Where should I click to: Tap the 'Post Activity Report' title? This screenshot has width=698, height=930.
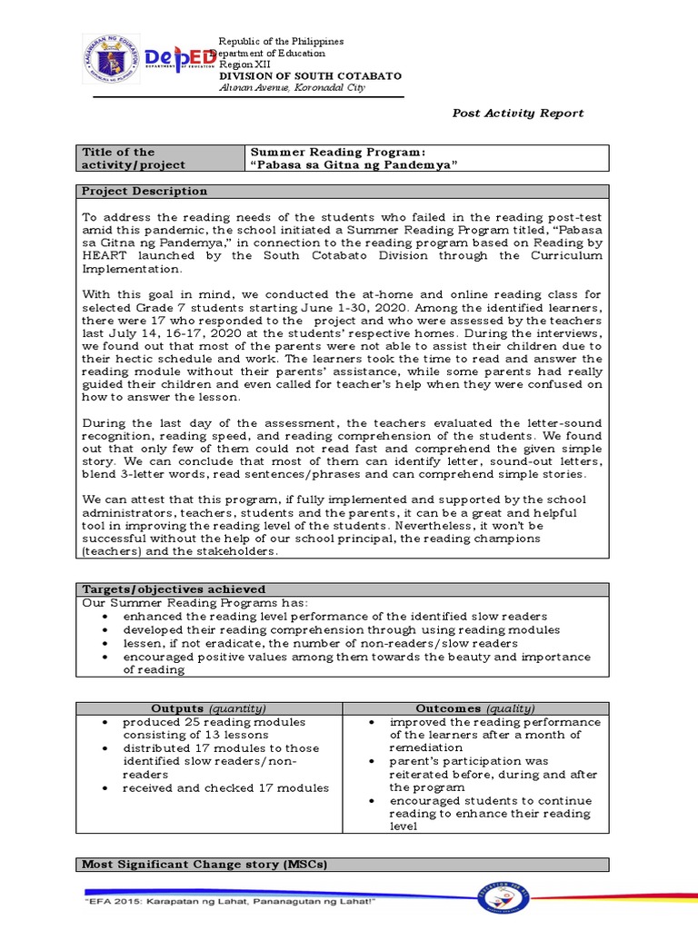(518, 114)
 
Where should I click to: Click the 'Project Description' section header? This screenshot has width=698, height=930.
(145, 192)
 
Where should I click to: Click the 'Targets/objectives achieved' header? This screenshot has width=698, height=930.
(174, 589)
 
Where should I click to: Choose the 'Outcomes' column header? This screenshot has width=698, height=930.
(475, 708)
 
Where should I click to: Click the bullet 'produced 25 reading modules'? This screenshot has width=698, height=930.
(214, 722)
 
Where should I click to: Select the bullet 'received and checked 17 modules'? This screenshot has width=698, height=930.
(225, 787)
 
